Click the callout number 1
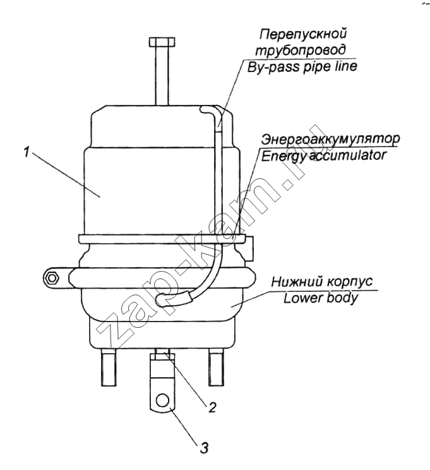[27, 152]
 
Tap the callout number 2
[212, 407]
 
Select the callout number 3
[203, 449]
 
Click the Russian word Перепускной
[302, 34]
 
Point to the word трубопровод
[301, 50]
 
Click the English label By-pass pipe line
[302, 66]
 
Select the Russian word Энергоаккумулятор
[330, 139]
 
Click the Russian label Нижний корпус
[322, 282]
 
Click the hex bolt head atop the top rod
[162, 42]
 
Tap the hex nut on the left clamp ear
[52, 278]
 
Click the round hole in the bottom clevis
[163, 400]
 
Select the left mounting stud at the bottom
[109, 368]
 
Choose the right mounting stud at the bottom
[216, 368]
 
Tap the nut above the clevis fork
[163, 356]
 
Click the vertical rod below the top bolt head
[162, 76]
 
